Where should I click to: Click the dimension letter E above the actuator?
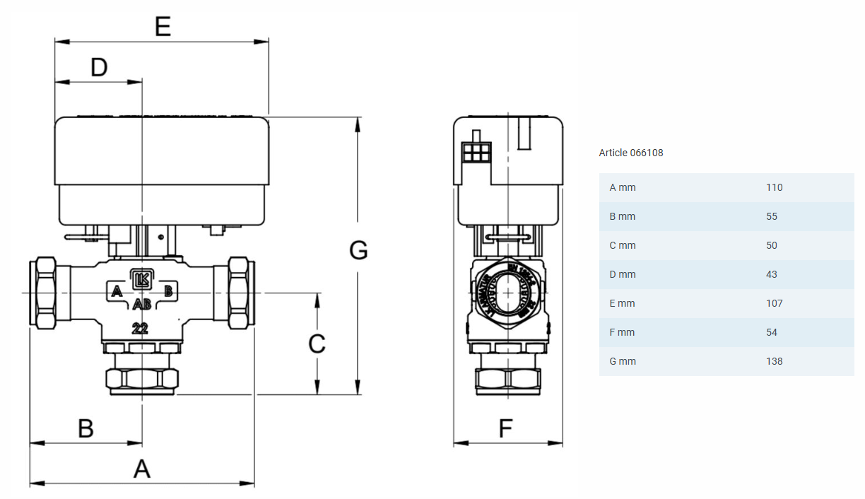click(163, 26)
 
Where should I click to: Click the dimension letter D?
click(99, 67)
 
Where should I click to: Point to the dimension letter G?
click(359, 250)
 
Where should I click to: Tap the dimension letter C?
click(317, 344)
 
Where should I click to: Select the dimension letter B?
click(86, 428)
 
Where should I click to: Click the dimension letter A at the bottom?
click(142, 469)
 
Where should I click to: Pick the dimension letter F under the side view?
click(505, 428)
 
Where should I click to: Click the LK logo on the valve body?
click(141, 279)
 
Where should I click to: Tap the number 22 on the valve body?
click(141, 328)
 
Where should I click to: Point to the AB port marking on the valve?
click(141, 305)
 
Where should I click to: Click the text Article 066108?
click(631, 153)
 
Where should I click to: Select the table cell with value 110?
click(774, 187)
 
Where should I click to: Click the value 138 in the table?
click(774, 361)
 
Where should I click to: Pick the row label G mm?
click(623, 361)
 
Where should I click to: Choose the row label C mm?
click(623, 245)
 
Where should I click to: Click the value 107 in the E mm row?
click(774, 303)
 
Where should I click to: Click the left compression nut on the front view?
click(43, 293)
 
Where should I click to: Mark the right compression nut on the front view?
click(241, 293)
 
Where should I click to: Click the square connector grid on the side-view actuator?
click(476, 152)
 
